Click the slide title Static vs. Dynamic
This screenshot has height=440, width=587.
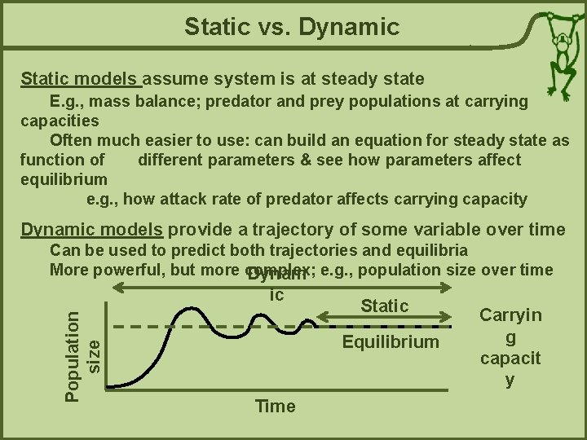(x=292, y=28)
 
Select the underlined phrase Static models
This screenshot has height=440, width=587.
(x=80, y=79)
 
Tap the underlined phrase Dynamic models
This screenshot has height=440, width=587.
(x=91, y=229)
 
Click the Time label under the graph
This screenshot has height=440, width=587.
(x=275, y=406)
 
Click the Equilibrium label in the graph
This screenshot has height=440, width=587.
(x=390, y=341)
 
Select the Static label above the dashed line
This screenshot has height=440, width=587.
(x=384, y=306)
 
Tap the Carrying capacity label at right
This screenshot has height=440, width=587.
(x=510, y=347)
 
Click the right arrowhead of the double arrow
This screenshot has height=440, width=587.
(x=447, y=288)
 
